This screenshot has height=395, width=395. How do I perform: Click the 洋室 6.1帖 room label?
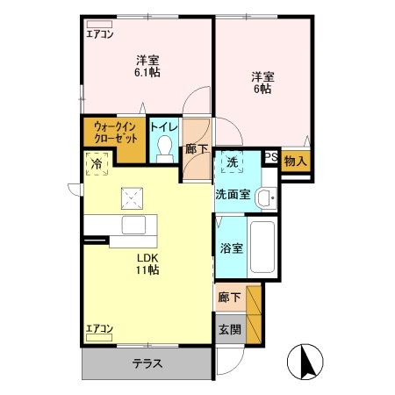(147, 66)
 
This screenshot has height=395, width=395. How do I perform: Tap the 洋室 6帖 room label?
(262, 83)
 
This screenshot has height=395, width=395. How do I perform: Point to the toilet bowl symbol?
(164, 151)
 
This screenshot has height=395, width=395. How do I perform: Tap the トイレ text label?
(164, 127)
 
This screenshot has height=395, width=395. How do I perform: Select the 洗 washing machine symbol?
(231, 162)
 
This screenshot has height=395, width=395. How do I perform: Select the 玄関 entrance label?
(228, 330)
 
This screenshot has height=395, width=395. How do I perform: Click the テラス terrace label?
(147, 363)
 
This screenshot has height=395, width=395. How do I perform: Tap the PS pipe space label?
(271, 159)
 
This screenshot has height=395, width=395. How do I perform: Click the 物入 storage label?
(296, 161)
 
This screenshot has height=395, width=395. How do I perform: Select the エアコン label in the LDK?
(100, 329)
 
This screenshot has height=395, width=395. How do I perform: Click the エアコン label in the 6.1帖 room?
(100, 35)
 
